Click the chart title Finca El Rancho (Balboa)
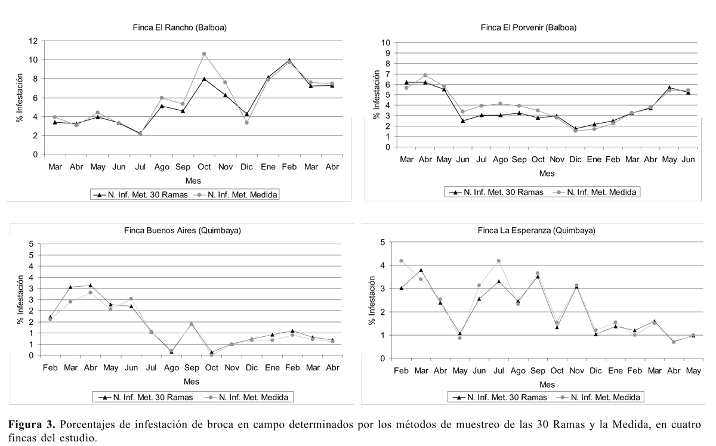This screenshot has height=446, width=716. click(180, 27)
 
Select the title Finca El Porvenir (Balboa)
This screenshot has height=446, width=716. click(529, 27)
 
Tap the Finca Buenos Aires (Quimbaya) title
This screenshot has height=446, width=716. click(183, 230)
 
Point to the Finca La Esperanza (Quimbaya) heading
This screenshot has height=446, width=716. click(536, 230)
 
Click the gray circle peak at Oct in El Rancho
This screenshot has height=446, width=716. click(204, 54)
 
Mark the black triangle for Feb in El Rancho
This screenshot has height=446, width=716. click(289, 60)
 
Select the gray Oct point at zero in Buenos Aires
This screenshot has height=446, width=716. click(212, 355)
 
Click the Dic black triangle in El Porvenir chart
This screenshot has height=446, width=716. click(576, 128)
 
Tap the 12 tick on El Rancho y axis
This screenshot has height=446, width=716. click(33, 41)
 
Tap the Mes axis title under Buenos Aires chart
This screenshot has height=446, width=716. click(191, 382)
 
